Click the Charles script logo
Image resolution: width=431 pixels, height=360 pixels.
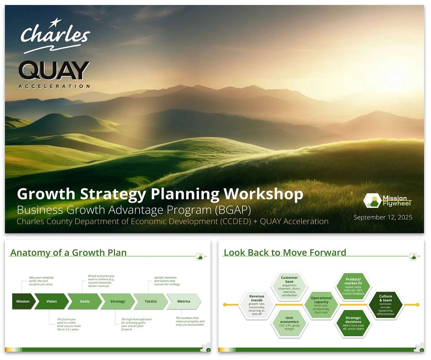[x=55, y=36]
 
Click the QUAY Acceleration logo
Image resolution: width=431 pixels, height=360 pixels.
[x=54, y=72]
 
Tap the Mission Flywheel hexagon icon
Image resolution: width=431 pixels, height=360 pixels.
[x=372, y=200]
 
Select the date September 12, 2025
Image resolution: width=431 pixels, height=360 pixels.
[x=383, y=217]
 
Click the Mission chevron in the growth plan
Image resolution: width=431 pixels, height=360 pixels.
[x=23, y=301]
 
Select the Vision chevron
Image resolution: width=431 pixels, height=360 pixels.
[x=51, y=301]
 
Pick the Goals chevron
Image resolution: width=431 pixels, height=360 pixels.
[x=85, y=301]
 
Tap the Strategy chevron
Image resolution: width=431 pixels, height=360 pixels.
[x=117, y=301]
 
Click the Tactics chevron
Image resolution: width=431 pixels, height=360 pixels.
[x=151, y=301]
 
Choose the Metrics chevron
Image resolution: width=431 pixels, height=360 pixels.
[x=184, y=301]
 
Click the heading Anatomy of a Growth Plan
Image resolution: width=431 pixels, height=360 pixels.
[x=68, y=253]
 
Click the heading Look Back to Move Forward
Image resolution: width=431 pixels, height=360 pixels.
[x=285, y=253]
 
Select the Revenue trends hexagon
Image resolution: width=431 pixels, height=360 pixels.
[x=257, y=304]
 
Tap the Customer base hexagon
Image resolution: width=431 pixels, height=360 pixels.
[x=289, y=286]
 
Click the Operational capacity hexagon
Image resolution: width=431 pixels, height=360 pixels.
[x=321, y=304]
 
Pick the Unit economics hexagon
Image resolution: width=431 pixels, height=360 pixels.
[x=289, y=323]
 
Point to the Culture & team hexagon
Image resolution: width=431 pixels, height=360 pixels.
[x=385, y=304]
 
